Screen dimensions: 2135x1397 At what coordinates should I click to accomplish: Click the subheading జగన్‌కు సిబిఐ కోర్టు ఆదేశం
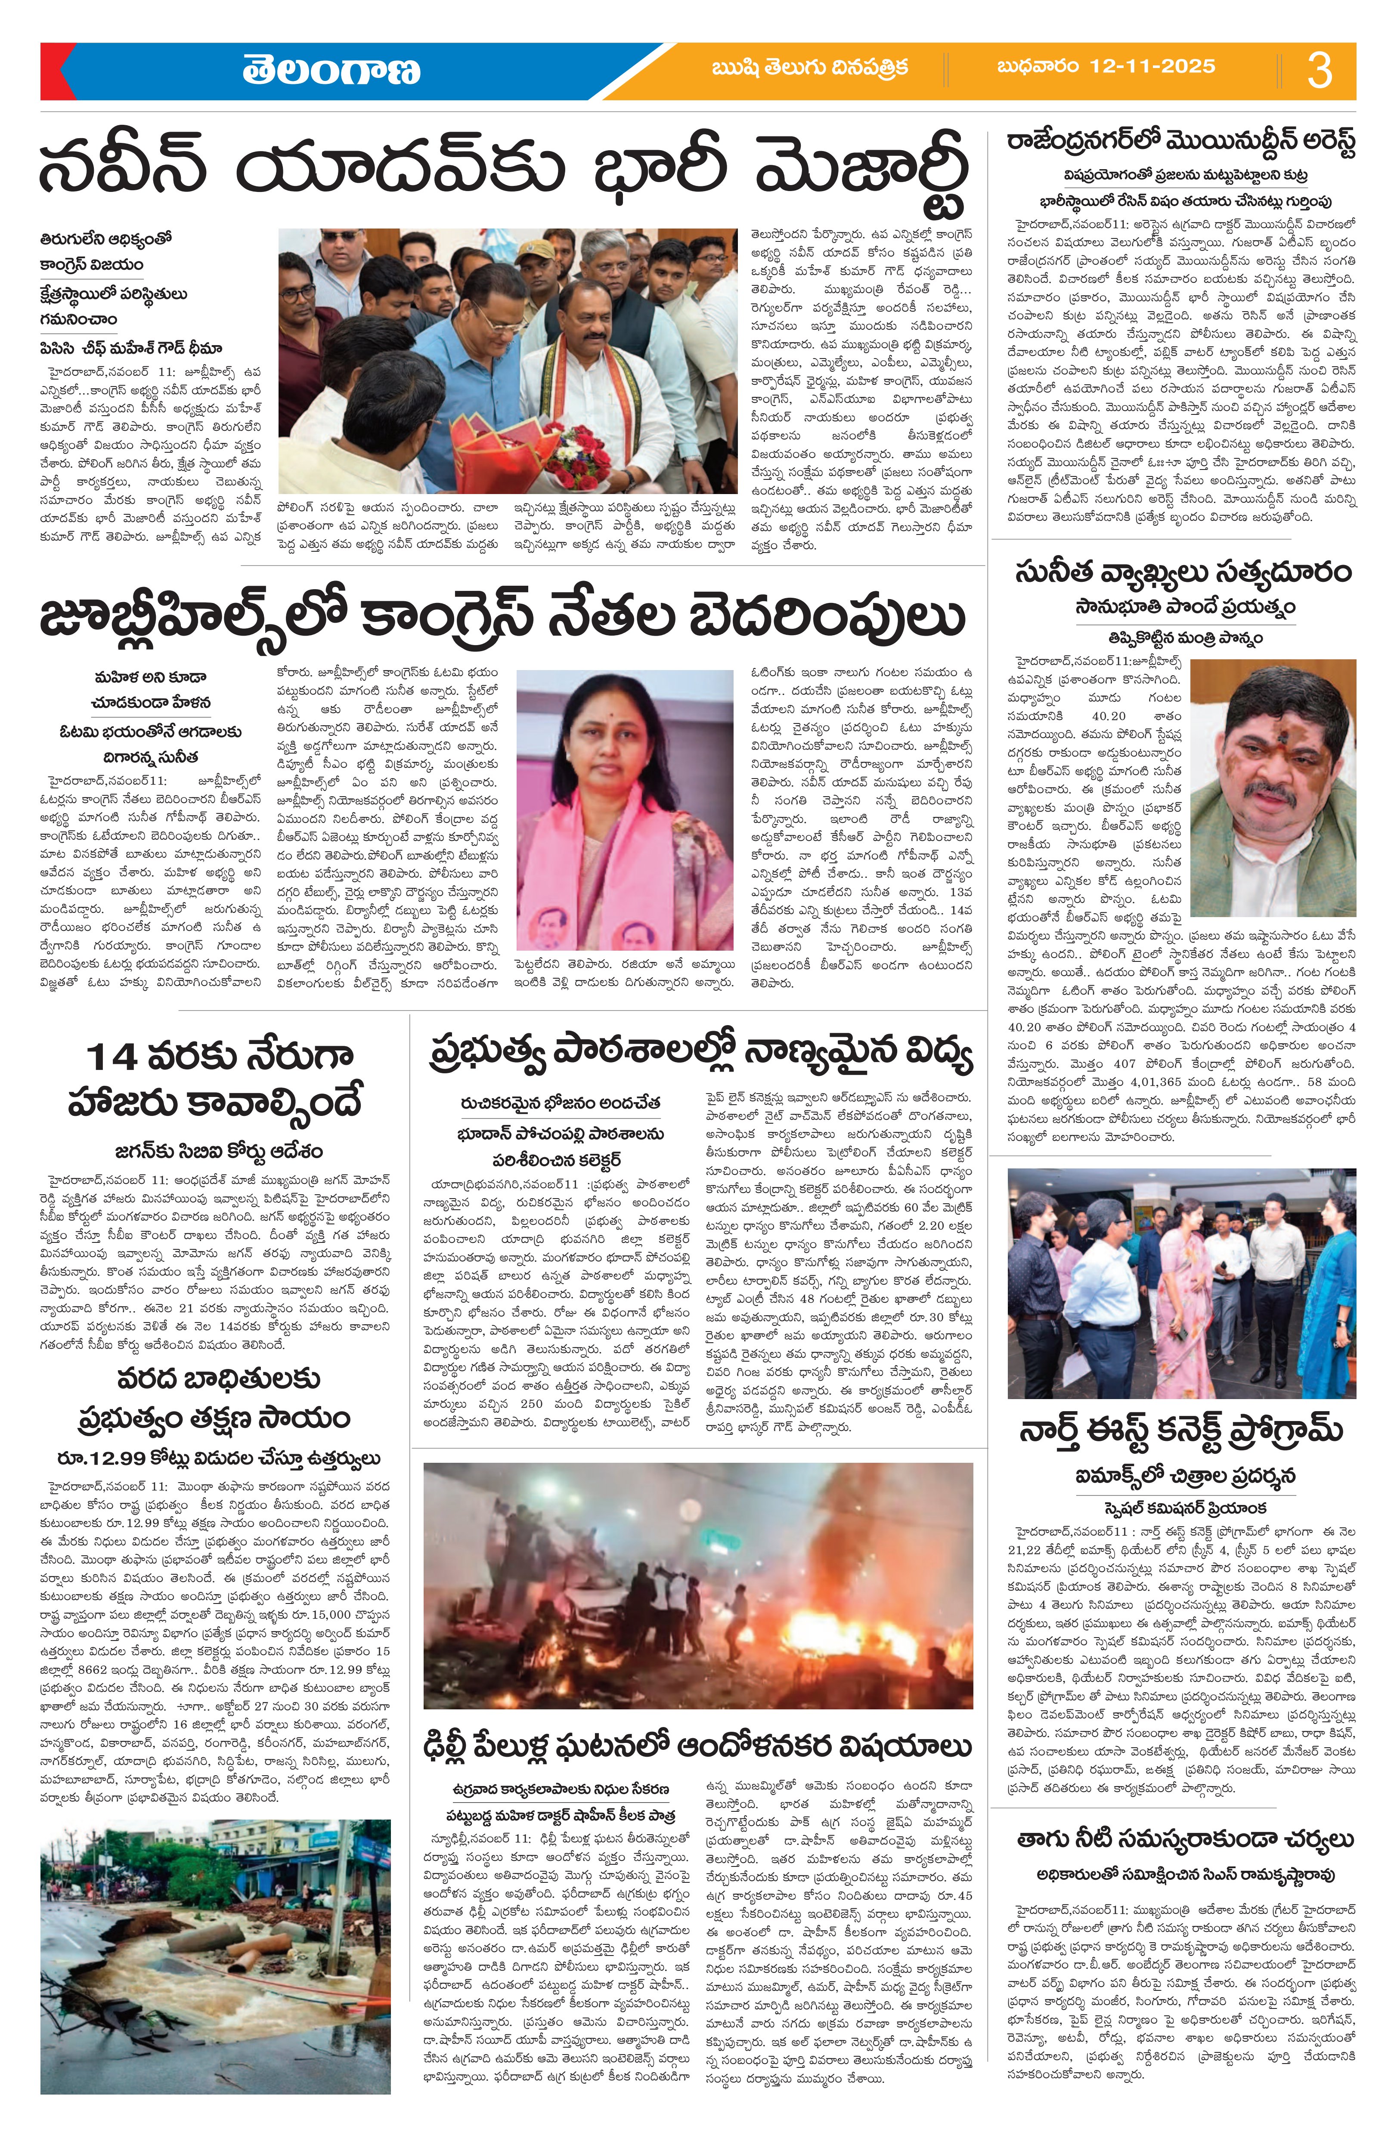click(x=218, y=1151)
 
